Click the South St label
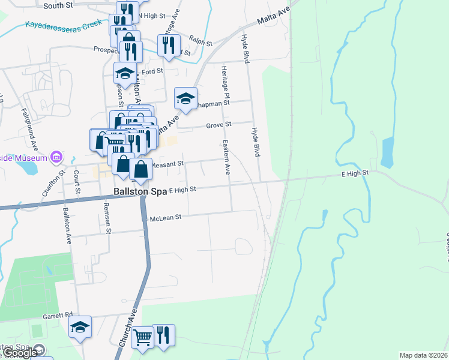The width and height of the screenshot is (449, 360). [x=58, y=5]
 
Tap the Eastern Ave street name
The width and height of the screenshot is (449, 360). [x=226, y=157]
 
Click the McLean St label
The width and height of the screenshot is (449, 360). [x=166, y=218]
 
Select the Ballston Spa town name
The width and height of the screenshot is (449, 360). [x=140, y=191]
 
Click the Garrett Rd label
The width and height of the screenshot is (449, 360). [x=57, y=314]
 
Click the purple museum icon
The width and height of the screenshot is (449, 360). [x=57, y=157]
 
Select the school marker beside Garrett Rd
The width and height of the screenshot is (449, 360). [x=80, y=328]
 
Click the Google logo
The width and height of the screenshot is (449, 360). [x=20, y=353]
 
